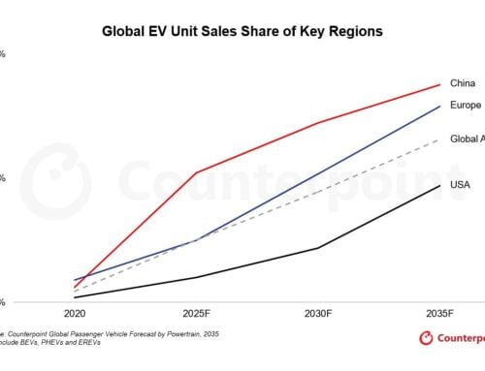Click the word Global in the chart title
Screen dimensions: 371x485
[x=126, y=31]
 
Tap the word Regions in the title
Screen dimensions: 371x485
[x=352, y=31]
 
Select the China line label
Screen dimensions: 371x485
[x=464, y=83]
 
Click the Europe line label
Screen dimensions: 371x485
[x=467, y=106]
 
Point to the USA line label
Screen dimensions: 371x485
[x=462, y=184]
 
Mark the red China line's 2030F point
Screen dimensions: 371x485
[x=318, y=123]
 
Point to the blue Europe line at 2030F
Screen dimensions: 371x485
[x=318, y=173]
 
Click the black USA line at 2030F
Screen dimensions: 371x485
[x=318, y=248]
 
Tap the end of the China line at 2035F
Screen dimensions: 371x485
[x=439, y=84]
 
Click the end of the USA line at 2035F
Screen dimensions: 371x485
[x=439, y=185]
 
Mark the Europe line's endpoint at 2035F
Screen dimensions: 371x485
[x=439, y=106]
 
